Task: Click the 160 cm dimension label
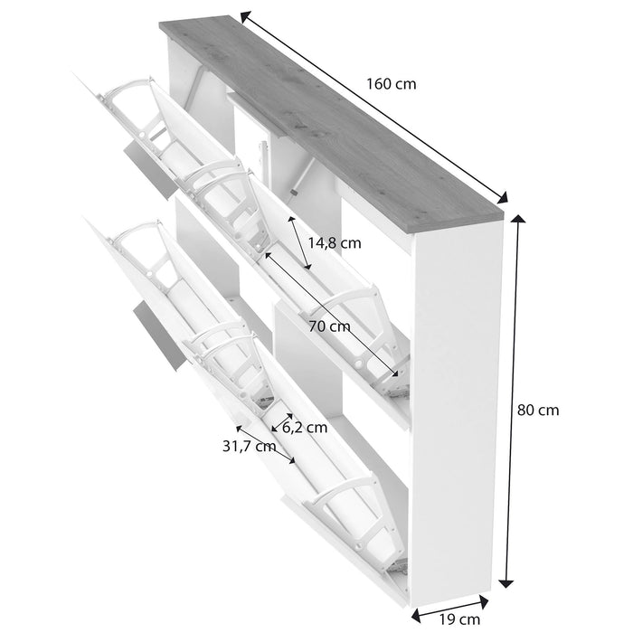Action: (x=392, y=83)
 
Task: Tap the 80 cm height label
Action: (x=538, y=410)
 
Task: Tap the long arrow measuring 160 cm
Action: (x=375, y=107)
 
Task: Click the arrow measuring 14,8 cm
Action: (x=299, y=242)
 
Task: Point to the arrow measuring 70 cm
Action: (x=330, y=313)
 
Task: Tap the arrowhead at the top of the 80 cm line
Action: (x=518, y=220)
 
